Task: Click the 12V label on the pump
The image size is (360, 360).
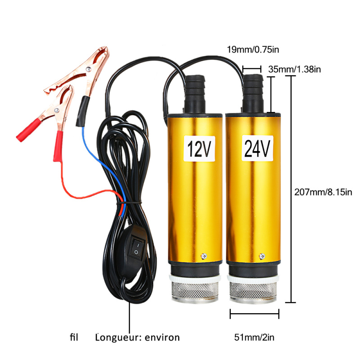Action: pos(199,148)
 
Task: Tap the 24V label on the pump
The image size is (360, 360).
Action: pos(257,148)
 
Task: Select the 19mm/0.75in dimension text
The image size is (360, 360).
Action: pos(253,49)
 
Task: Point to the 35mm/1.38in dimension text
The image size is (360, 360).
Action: pos(295,69)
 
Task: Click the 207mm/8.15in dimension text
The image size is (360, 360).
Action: pos(323,192)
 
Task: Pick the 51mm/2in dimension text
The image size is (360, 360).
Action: pos(254,337)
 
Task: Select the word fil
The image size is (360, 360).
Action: pos(74,337)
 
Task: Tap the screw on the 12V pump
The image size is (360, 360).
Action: pos(204,256)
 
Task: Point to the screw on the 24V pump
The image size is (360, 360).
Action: pos(262,256)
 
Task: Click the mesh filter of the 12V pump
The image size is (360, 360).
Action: pos(195,291)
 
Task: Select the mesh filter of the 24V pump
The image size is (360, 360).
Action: pos(253,291)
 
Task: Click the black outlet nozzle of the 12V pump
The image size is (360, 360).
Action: pos(195,94)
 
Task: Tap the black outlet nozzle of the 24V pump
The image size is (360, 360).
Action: pos(253,93)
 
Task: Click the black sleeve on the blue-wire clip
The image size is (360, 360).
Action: pos(82,111)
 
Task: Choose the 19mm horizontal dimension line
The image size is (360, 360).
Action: pos(252,69)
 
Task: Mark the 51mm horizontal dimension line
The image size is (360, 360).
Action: pos(254,314)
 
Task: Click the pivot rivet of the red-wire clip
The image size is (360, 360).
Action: pos(57,110)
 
